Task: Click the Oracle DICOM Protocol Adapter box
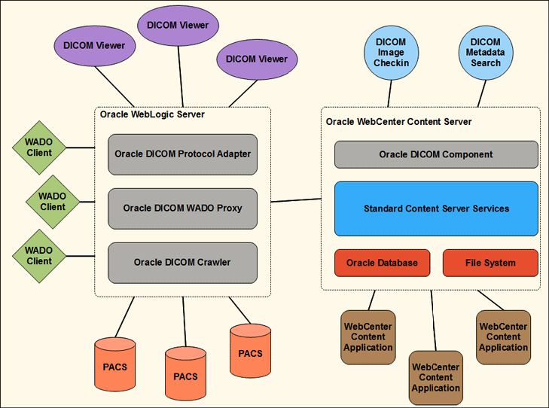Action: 182,154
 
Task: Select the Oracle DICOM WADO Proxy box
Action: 182,208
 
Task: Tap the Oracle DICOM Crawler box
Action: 182,262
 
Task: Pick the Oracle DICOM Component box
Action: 436,154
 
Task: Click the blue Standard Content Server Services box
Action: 436,209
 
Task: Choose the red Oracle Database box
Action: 382,263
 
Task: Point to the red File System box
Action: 490,263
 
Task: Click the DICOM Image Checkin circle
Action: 391,52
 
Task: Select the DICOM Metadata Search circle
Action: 486,52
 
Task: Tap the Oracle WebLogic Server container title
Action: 152,114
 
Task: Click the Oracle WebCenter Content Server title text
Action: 398,121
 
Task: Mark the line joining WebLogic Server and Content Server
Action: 295,200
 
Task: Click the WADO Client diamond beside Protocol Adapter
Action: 39,147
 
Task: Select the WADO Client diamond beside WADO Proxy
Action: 53,201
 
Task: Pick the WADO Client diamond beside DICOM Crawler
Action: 39,255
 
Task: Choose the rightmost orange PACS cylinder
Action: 250,352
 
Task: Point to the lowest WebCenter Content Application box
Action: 435,376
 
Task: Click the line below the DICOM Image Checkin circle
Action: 390,92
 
